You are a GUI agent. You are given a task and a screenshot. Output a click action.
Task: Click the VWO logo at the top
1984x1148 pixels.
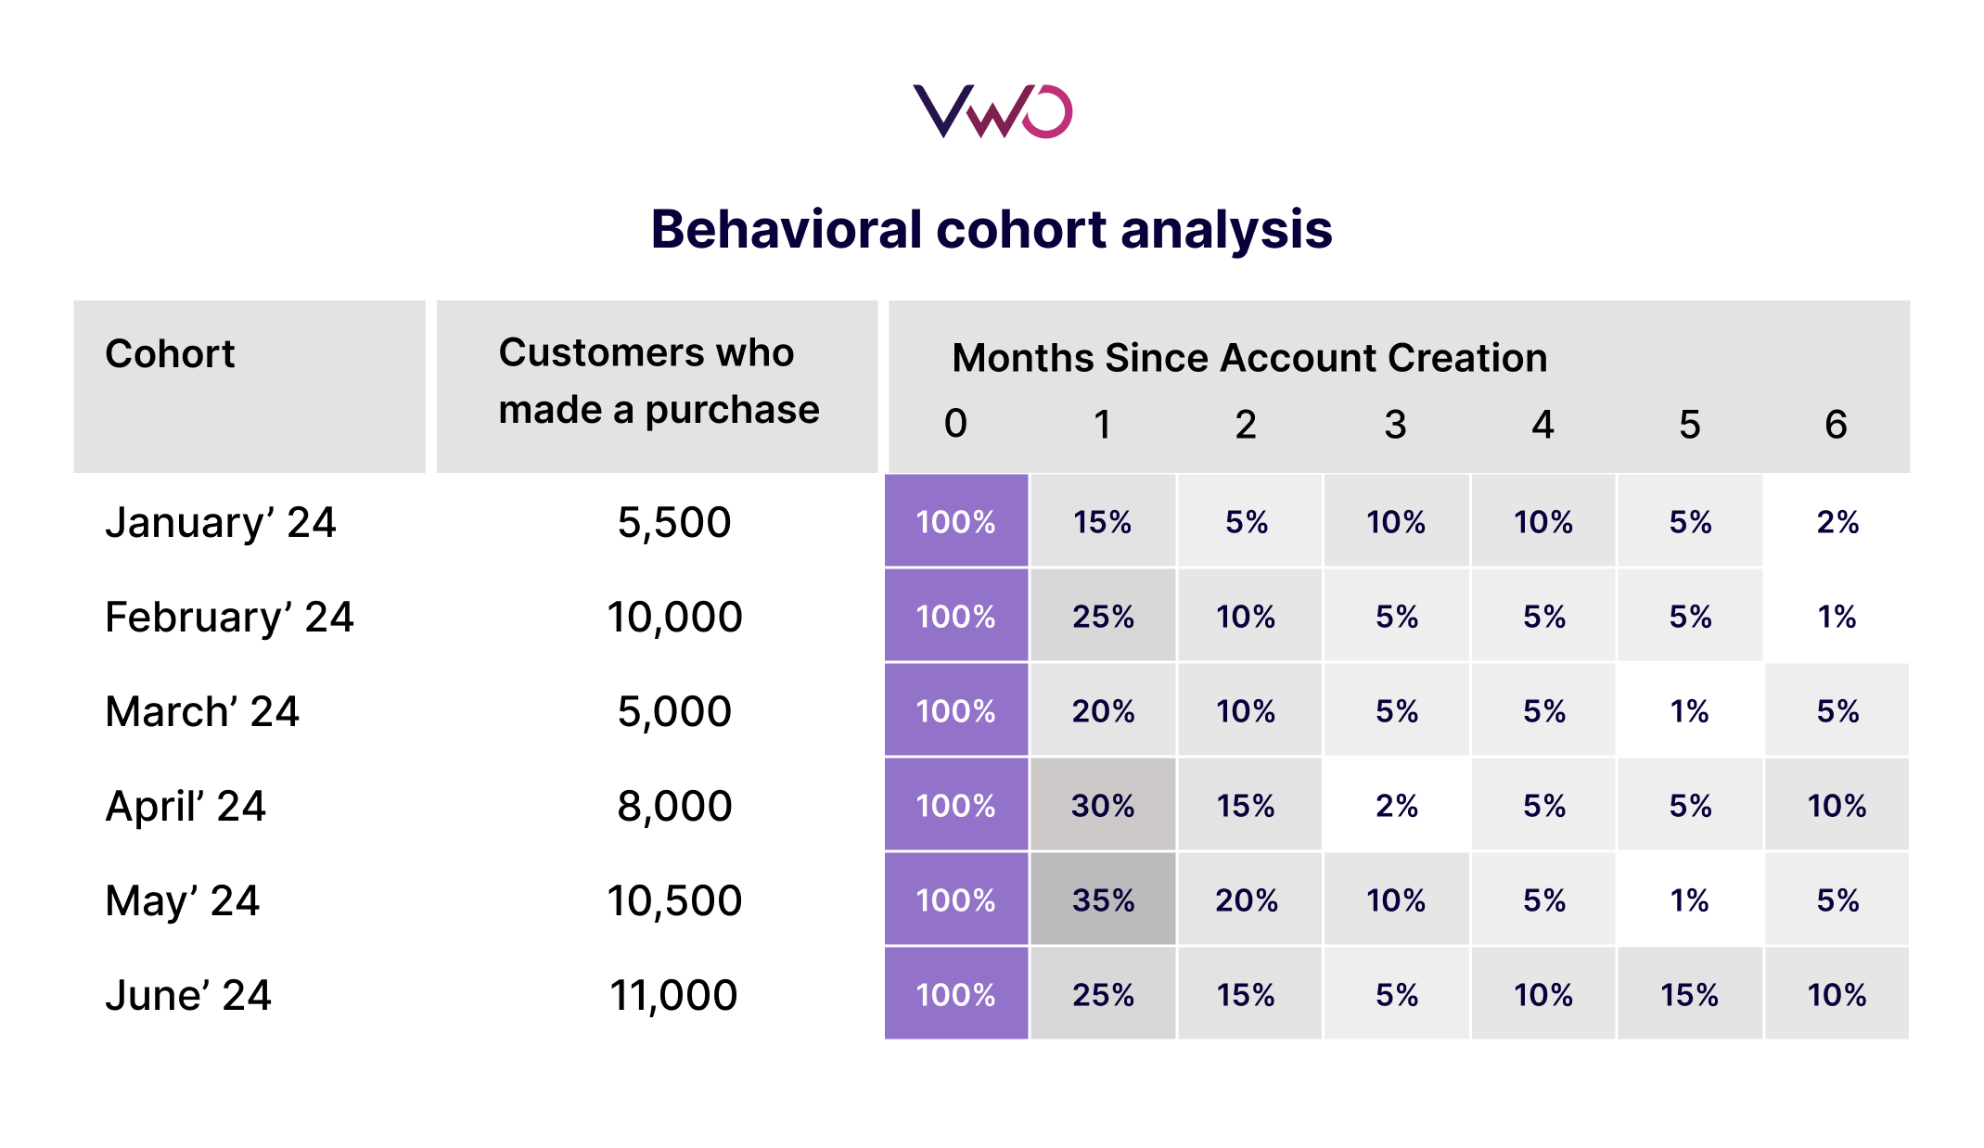[992, 111]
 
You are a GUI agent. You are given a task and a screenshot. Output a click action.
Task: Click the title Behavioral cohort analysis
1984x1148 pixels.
[992, 229]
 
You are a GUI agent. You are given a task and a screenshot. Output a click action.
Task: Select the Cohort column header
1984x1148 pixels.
[170, 354]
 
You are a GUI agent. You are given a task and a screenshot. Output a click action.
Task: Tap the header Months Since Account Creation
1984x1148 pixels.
[1248, 358]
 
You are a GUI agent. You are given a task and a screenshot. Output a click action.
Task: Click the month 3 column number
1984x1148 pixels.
[1395, 425]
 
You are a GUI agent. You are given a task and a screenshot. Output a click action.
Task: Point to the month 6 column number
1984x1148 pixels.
[1836, 425]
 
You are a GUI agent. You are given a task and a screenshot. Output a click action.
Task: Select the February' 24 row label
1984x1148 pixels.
[229, 618]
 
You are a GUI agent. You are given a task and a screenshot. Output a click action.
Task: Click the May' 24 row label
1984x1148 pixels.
[182, 901]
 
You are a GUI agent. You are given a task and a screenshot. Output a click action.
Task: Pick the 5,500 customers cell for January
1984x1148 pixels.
[674, 523]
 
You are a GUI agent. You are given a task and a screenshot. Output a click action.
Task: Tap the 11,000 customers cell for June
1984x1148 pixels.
[674, 996]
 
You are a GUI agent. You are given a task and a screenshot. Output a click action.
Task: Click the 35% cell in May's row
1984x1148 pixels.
[1103, 900]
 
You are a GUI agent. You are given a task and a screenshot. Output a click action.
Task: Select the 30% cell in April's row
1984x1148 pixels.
[1103, 806]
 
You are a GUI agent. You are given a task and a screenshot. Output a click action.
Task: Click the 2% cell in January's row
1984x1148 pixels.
[1837, 522]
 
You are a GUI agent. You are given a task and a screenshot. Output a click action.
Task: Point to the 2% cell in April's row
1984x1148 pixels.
[1396, 806]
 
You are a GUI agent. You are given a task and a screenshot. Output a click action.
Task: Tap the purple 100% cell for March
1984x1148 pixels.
[955, 711]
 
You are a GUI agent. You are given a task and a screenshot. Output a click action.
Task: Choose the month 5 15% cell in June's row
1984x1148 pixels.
[1689, 995]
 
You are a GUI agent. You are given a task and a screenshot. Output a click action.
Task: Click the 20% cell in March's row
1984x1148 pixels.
[1103, 711]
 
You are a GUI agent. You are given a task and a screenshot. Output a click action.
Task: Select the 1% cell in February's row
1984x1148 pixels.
[1837, 617]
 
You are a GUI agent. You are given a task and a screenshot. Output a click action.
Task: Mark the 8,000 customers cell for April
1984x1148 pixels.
[674, 807]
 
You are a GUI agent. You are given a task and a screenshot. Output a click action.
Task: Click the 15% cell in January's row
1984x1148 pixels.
[1103, 522]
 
